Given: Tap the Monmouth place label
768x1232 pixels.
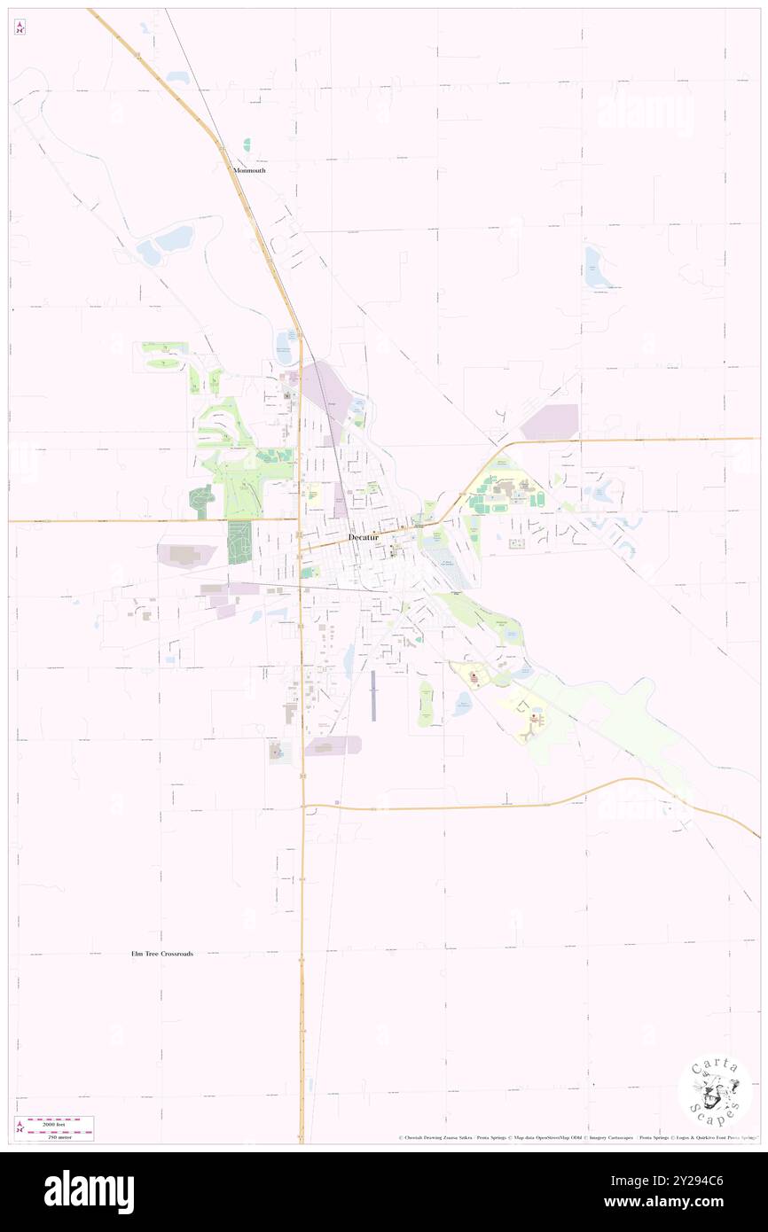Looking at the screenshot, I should pos(249,169).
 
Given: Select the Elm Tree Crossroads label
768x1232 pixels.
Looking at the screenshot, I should pos(156,954).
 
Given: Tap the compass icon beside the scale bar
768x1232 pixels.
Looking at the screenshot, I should pos(20,1127).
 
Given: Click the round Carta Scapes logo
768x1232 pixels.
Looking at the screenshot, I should pos(715,1091).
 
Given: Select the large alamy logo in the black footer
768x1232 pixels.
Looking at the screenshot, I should pos(89,1191).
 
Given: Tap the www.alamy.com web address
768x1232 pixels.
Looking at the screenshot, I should pos(678,1202).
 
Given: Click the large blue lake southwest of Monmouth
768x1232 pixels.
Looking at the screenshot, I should pos(167,241).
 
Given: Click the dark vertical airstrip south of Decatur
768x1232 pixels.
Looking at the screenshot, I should pos(373,696).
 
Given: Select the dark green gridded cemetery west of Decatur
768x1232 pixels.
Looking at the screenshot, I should pos(239,542).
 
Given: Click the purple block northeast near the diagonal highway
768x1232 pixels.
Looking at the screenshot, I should pos(550,421).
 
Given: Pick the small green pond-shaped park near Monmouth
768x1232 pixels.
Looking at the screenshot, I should pos(247,144).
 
